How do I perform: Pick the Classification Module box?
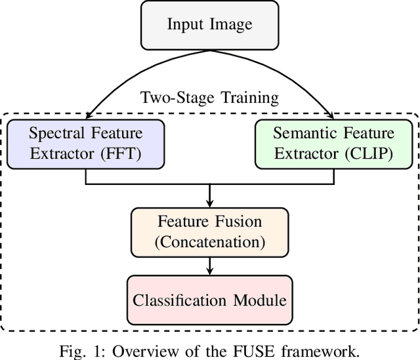[209, 300]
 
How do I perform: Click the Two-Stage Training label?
[209, 98]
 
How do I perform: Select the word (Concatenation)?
[209, 241]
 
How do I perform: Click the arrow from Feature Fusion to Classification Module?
[209, 266]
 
